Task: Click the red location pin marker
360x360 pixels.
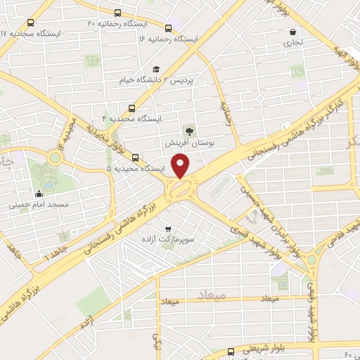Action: [x=181, y=165]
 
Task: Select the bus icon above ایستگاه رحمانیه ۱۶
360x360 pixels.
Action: [x=168, y=28]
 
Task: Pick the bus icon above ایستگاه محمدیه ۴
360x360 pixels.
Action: [x=132, y=108]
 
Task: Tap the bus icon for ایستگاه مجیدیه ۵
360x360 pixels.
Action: [x=135, y=158]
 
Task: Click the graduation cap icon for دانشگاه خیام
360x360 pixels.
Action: [x=155, y=69]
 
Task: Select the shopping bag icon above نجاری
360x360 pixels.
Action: [x=292, y=32]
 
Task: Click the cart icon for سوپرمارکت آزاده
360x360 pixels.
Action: [x=167, y=229]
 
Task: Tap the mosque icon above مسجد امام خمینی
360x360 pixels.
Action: [x=38, y=194]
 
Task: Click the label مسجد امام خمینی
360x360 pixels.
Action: [x=38, y=206]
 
